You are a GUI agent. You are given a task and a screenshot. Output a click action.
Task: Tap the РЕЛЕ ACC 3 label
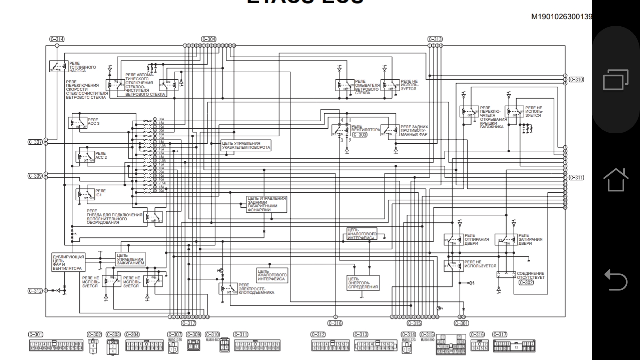coord(93,121)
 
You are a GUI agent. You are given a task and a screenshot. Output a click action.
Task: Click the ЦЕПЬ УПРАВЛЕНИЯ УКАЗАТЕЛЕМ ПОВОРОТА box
coord(246,145)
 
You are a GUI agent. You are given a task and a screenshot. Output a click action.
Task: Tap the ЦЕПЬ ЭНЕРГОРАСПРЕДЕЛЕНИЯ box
coord(363,283)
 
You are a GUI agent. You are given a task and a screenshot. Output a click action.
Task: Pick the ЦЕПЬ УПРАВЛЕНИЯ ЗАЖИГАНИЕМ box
coord(130,259)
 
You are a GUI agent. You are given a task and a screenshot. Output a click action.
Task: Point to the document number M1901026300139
coord(562,17)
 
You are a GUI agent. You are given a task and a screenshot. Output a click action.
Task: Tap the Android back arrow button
coord(616,280)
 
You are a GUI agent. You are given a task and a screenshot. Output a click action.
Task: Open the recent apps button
coord(616,80)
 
